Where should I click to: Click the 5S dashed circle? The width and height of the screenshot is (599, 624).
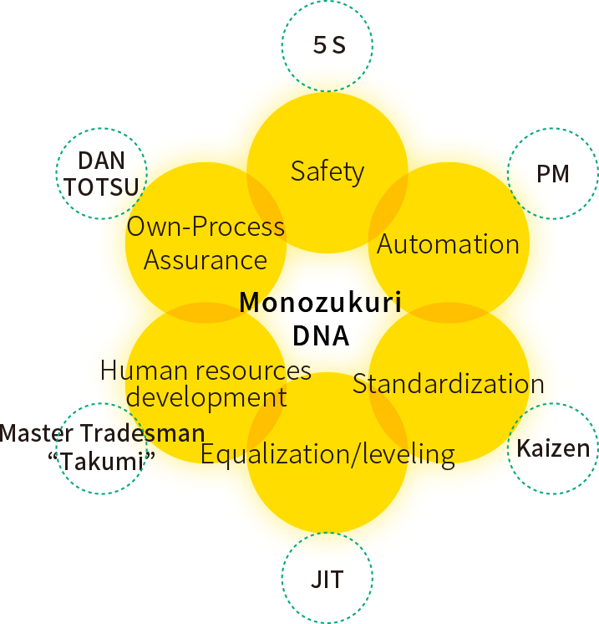(x=327, y=45)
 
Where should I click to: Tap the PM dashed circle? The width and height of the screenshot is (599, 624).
(x=553, y=174)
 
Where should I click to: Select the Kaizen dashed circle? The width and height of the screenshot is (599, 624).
(x=553, y=448)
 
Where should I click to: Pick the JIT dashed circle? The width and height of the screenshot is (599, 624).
(x=327, y=578)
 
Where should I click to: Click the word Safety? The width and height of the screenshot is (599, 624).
(x=327, y=171)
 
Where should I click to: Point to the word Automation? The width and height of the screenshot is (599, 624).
(x=449, y=244)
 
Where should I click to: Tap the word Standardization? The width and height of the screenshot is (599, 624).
(x=449, y=384)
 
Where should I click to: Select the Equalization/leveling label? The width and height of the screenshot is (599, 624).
(x=327, y=454)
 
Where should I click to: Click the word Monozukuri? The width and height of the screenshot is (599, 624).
(x=321, y=302)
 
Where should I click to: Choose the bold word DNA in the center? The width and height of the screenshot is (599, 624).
(x=321, y=335)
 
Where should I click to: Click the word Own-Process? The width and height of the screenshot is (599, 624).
(x=206, y=227)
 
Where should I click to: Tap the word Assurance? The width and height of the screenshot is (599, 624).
(x=206, y=260)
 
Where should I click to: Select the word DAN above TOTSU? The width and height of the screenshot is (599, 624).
(x=102, y=160)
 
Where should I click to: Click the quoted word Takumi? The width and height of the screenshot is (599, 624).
(x=104, y=461)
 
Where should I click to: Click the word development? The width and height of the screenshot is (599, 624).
(x=206, y=396)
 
